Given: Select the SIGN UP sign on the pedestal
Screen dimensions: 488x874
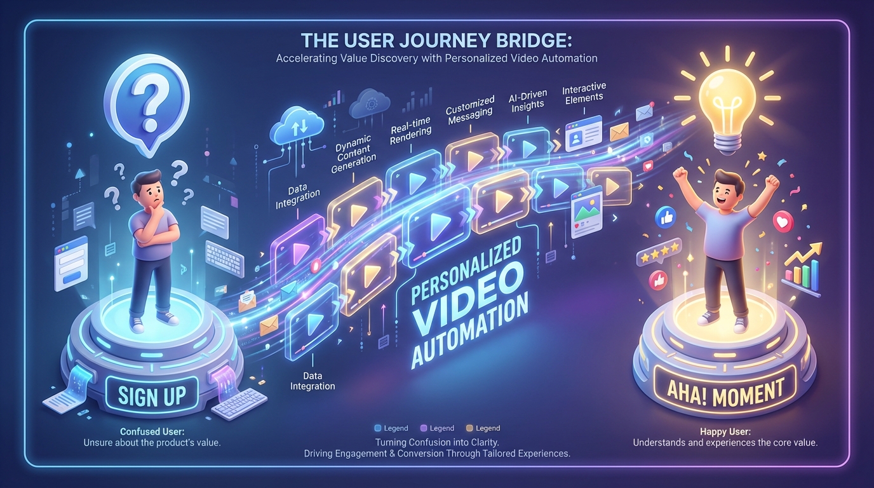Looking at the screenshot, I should [x=152, y=395].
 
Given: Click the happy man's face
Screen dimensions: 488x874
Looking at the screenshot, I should [x=727, y=188].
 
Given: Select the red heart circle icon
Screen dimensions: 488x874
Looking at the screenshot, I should [x=783, y=222].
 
